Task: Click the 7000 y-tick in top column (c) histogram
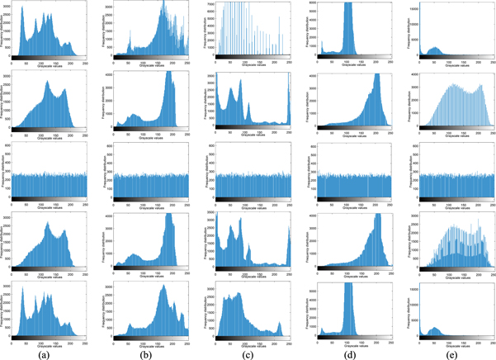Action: coord(210,4)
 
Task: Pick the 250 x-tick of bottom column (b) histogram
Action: coord(187,344)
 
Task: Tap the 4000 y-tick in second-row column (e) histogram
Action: coord(407,76)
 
